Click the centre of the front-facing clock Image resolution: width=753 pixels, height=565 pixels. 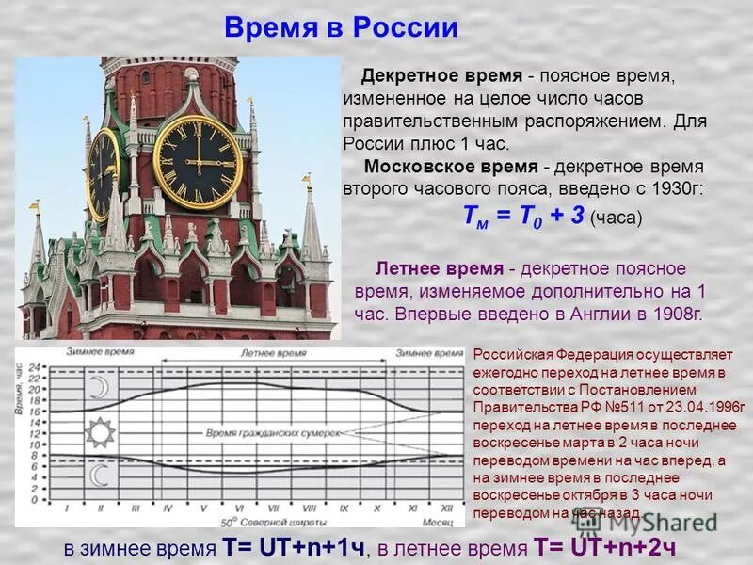[198, 162]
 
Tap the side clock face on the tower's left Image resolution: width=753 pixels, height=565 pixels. [104, 173]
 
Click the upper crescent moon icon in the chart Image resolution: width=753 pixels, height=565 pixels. [99, 388]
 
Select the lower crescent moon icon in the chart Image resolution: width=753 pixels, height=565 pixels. [99, 476]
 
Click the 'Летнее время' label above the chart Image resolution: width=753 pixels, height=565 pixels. [273, 354]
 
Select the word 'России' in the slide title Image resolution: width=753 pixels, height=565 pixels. [406, 28]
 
